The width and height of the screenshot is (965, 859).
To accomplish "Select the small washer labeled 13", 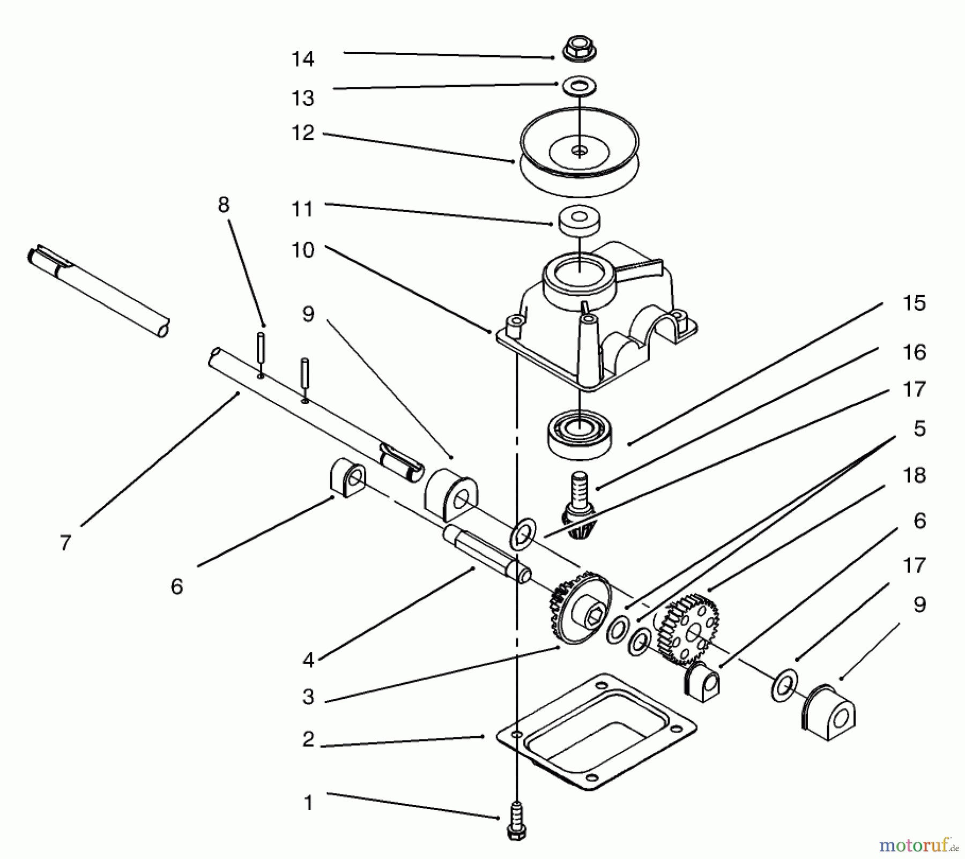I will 579,86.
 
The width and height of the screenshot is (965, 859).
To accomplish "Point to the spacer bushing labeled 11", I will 579,223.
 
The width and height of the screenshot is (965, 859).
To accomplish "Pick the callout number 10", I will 303,250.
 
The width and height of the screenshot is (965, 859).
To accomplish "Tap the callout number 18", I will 914,475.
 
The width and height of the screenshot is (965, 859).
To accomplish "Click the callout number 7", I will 65,543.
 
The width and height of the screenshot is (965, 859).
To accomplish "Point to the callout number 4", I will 308,660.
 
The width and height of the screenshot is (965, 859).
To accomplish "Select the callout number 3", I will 308,697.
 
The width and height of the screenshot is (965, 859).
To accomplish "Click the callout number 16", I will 914,352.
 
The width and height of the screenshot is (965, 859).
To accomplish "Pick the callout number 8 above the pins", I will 224,205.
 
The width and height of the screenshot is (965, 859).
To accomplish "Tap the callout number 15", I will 914,303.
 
